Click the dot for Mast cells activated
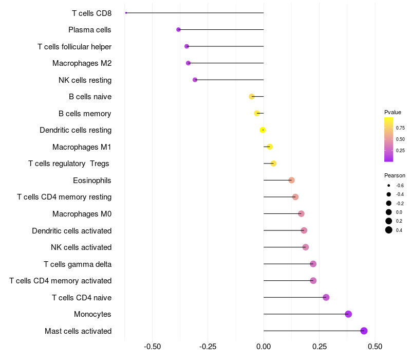(364, 331)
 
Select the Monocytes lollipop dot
(348, 314)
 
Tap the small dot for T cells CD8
(126, 13)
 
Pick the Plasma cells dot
(178, 29)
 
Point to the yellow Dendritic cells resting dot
(263, 130)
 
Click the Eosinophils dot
(291, 180)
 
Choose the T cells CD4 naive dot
(326, 297)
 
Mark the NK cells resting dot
(195, 80)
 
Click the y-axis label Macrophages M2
(82, 63)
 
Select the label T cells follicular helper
(74, 47)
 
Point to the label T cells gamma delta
(78, 264)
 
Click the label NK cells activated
(81, 247)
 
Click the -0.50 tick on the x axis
(152, 347)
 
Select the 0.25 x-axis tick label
(319, 347)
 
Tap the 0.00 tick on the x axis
(264, 347)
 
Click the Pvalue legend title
(393, 112)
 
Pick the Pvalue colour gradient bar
(388, 139)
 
